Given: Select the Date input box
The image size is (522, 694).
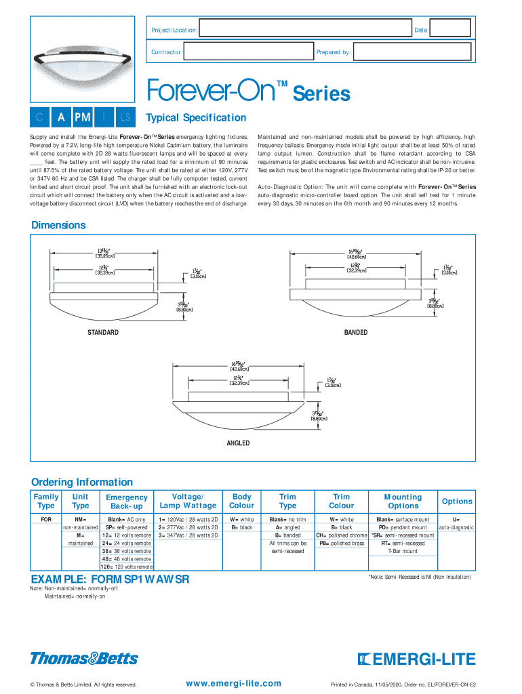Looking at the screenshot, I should [x=450, y=28].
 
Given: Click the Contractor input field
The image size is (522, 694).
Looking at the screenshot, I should [x=247, y=52].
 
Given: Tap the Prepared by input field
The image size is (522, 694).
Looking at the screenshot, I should [x=411, y=52].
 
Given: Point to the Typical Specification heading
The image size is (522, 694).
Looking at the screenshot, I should [x=196, y=118].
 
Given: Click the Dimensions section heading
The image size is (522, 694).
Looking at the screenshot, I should [x=58, y=225].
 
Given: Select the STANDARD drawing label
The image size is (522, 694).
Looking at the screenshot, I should [x=103, y=333].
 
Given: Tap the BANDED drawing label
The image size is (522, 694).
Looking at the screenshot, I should [x=356, y=333].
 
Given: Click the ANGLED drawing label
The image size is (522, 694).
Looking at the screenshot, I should [x=238, y=443].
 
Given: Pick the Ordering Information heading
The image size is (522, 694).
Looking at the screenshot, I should [x=82, y=482].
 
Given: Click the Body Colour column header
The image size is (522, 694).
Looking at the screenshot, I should [x=242, y=501].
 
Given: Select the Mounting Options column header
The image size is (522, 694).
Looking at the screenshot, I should [x=403, y=501].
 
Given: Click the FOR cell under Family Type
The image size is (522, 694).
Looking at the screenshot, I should [x=46, y=520].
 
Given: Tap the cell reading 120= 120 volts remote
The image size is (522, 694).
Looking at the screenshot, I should [x=127, y=567].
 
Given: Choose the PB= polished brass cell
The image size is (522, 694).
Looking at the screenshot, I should [x=342, y=544].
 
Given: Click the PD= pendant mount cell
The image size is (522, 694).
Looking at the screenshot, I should [x=403, y=527].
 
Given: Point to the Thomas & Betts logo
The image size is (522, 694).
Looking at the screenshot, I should [x=84, y=658].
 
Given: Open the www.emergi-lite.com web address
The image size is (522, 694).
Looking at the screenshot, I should [x=233, y=683].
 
